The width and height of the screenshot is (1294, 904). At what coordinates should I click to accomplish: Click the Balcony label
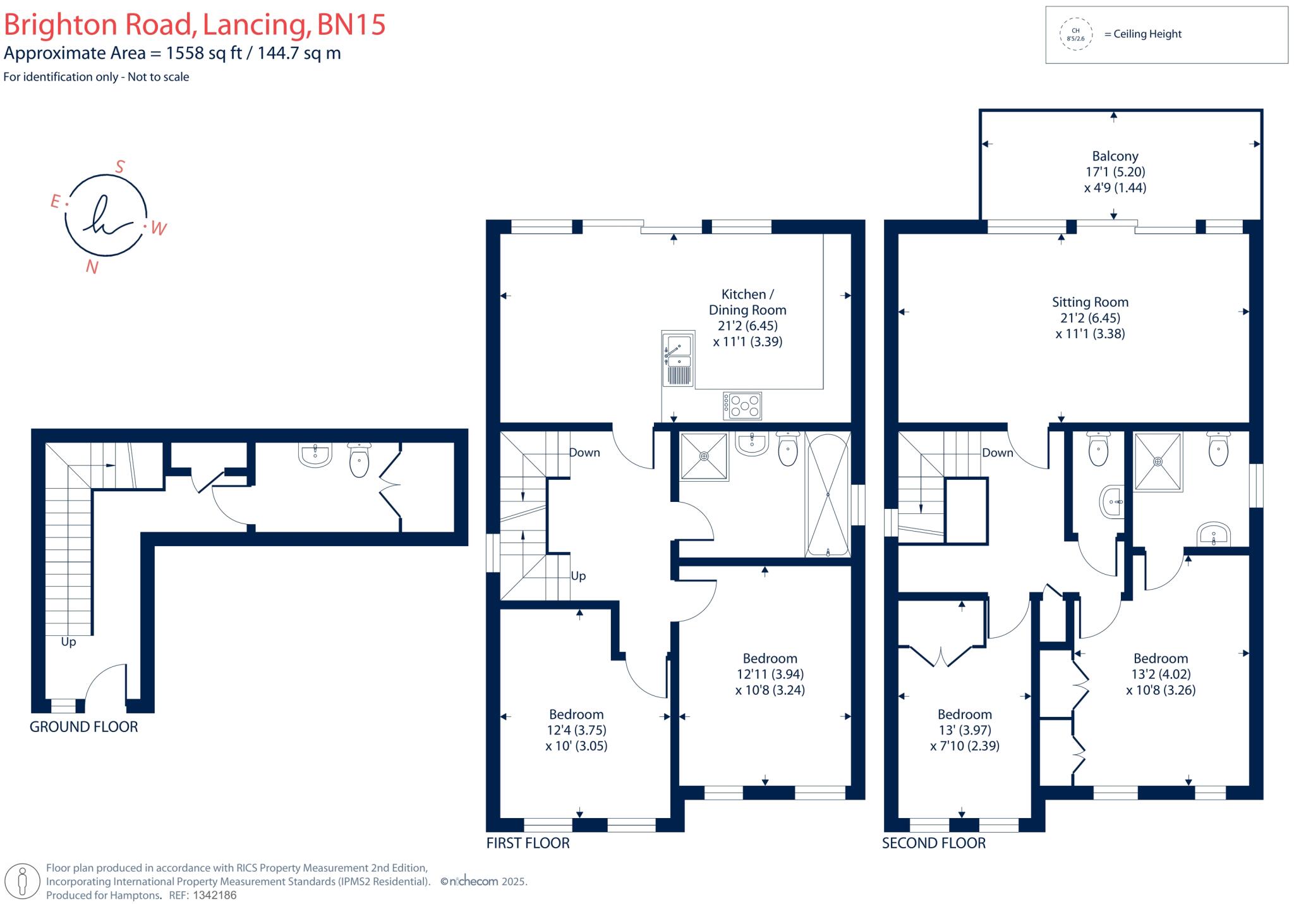click(1115, 156)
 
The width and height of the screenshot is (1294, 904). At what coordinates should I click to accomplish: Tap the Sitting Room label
click(1090, 302)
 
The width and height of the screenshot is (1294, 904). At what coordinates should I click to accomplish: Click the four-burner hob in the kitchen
click(742, 406)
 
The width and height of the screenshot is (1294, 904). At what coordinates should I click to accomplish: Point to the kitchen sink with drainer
click(677, 358)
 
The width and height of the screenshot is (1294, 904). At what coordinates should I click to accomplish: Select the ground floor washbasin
click(315, 455)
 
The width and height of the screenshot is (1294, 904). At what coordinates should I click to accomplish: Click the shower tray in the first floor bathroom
click(704, 456)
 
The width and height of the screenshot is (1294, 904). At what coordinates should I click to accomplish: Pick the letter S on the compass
click(119, 166)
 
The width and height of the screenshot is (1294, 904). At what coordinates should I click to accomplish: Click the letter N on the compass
click(92, 267)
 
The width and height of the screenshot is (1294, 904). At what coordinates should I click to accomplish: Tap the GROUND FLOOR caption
click(84, 727)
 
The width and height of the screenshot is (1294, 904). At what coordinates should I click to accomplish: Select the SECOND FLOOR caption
click(934, 843)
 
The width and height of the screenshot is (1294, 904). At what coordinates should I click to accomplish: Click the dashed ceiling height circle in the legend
click(1075, 34)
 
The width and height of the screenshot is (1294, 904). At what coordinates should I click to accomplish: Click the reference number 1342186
click(214, 895)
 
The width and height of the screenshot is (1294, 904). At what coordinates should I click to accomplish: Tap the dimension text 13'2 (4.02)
click(1161, 675)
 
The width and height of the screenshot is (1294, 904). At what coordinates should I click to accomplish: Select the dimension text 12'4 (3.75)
click(576, 730)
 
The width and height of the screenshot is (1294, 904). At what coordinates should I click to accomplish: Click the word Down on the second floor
click(998, 453)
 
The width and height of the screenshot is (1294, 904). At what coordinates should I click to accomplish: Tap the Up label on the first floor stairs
click(578, 576)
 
